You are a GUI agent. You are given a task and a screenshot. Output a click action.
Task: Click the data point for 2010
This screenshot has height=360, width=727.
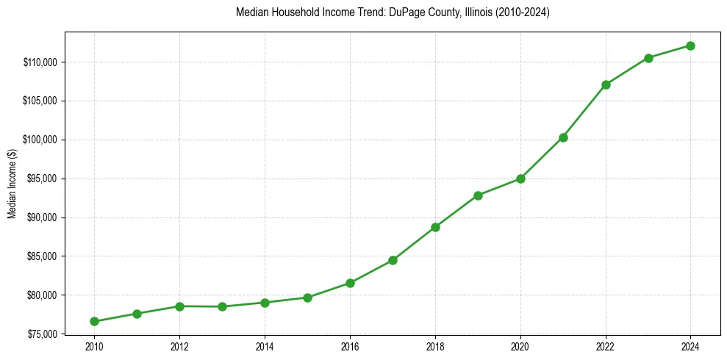point(94,321)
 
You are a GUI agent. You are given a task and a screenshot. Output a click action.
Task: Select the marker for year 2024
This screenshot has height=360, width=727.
point(690,46)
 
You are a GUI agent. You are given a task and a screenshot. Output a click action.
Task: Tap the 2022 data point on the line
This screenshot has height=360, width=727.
point(606,84)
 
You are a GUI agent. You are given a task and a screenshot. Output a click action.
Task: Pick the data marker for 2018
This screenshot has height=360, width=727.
point(435,227)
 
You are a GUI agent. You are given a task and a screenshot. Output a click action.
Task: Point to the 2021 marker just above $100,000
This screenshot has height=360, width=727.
point(563,137)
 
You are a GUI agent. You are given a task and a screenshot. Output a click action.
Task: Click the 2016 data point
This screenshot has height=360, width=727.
point(350,283)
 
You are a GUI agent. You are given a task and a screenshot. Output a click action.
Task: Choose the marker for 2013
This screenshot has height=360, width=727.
point(222,306)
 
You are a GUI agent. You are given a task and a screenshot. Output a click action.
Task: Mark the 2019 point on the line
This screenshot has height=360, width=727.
point(478,195)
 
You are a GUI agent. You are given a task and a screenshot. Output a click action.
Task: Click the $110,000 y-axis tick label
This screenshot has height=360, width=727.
point(41,62)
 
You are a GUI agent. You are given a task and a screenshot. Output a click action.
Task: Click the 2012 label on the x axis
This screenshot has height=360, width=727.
point(179,346)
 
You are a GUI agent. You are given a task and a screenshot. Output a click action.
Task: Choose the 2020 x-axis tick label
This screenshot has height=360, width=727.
point(520,346)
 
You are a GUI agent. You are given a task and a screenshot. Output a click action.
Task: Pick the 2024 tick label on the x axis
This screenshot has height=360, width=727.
point(690,346)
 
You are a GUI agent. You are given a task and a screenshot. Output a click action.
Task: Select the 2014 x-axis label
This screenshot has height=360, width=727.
point(265,346)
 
